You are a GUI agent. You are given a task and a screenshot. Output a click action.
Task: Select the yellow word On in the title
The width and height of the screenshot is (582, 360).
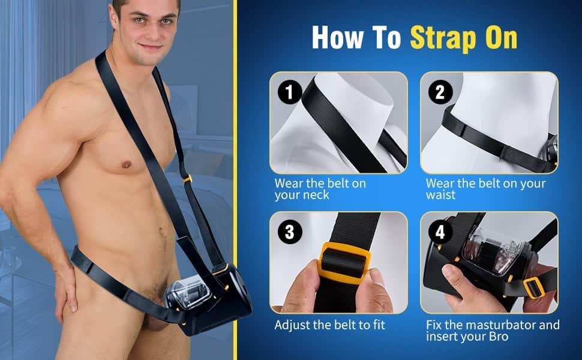coord(502,37)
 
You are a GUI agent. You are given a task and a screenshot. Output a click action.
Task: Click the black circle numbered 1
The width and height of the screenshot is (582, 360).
coord(290,92)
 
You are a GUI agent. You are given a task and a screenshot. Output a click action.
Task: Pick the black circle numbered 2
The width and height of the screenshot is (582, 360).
coord(440,92)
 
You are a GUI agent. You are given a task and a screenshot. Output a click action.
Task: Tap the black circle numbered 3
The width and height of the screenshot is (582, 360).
coord(290,232)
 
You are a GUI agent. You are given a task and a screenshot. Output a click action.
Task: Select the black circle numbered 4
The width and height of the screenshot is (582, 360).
coord(440,232)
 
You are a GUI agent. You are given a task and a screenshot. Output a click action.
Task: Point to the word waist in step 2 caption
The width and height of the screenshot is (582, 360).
coord(440,195)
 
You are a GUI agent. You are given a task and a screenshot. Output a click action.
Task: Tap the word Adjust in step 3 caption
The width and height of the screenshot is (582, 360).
coord(292,325)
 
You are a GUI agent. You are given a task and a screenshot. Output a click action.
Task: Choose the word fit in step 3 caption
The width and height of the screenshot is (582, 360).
coord(379,325)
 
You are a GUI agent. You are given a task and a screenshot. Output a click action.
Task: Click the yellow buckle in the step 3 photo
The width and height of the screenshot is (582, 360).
coord(344,262)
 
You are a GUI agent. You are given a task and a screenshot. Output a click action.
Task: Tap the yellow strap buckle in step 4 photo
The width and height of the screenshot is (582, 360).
coord(534,287)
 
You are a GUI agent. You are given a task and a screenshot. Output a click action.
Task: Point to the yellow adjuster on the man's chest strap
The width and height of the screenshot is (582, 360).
coord(187,179)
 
